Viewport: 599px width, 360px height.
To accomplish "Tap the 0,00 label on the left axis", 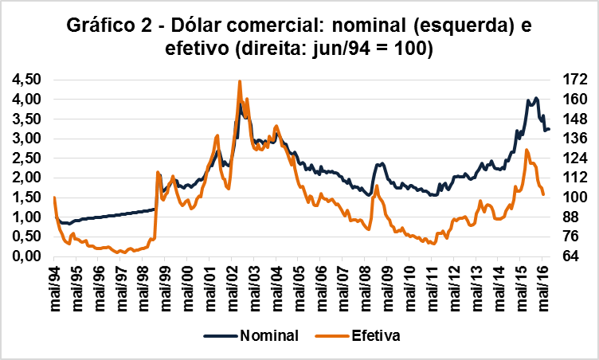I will coord(27,256).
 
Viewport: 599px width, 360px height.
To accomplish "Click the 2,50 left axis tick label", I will coord(27,158).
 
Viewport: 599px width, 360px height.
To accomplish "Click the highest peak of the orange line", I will coord(240,81).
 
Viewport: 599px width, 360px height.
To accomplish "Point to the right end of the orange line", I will coord(543,194).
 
